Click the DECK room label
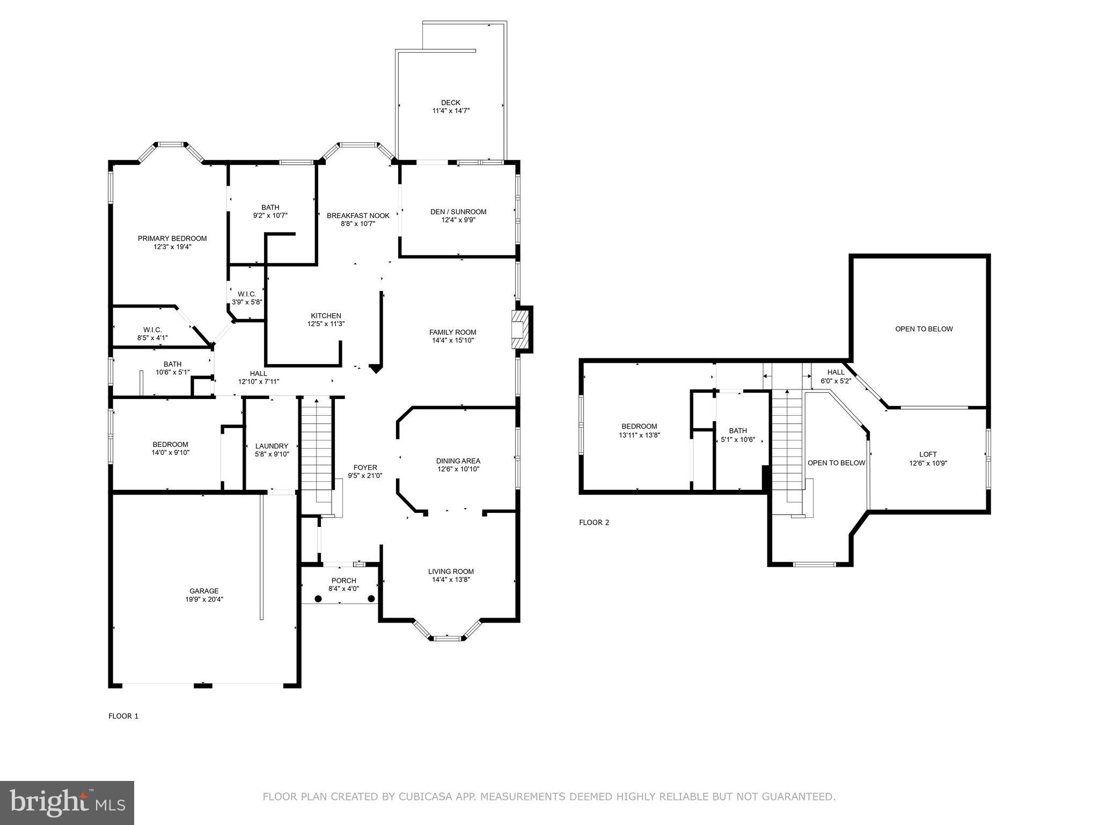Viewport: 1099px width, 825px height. pyautogui.click(x=450, y=103)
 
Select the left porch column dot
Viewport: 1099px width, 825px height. pyautogui.click(x=318, y=598)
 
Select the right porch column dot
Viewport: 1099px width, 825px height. pyautogui.click(x=371, y=598)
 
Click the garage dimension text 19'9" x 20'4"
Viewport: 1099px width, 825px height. pyautogui.click(x=204, y=599)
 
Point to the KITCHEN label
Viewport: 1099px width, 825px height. pyautogui.click(x=326, y=316)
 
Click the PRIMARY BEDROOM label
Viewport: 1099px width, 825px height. pyautogui.click(x=172, y=238)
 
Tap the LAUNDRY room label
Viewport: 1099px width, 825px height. pyautogui.click(x=272, y=446)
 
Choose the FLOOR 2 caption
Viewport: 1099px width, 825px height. pyautogui.click(x=594, y=522)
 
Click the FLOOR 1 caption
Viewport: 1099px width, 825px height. pyautogui.click(x=123, y=716)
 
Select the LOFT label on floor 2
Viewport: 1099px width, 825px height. pyautogui.click(x=928, y=454)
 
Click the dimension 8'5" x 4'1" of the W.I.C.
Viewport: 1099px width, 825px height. pyautogui.click(x=152, y=338)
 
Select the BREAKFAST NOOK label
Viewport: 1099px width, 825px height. pyautogui.click(x=358, y=215)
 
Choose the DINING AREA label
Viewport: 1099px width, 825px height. pyautogui.click(x=458, y=461)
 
